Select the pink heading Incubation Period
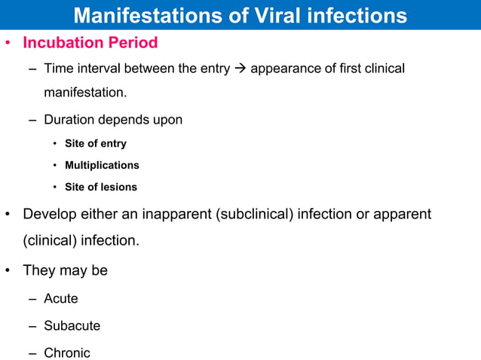(90, 43)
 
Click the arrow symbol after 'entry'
(240, 69)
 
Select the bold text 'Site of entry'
(96, 143)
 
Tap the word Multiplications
(102, 165)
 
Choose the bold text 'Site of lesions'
(101, 187)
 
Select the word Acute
(61, 299)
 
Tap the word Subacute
(72, 326)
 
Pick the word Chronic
(67, 353)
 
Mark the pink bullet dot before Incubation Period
(8, 43)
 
